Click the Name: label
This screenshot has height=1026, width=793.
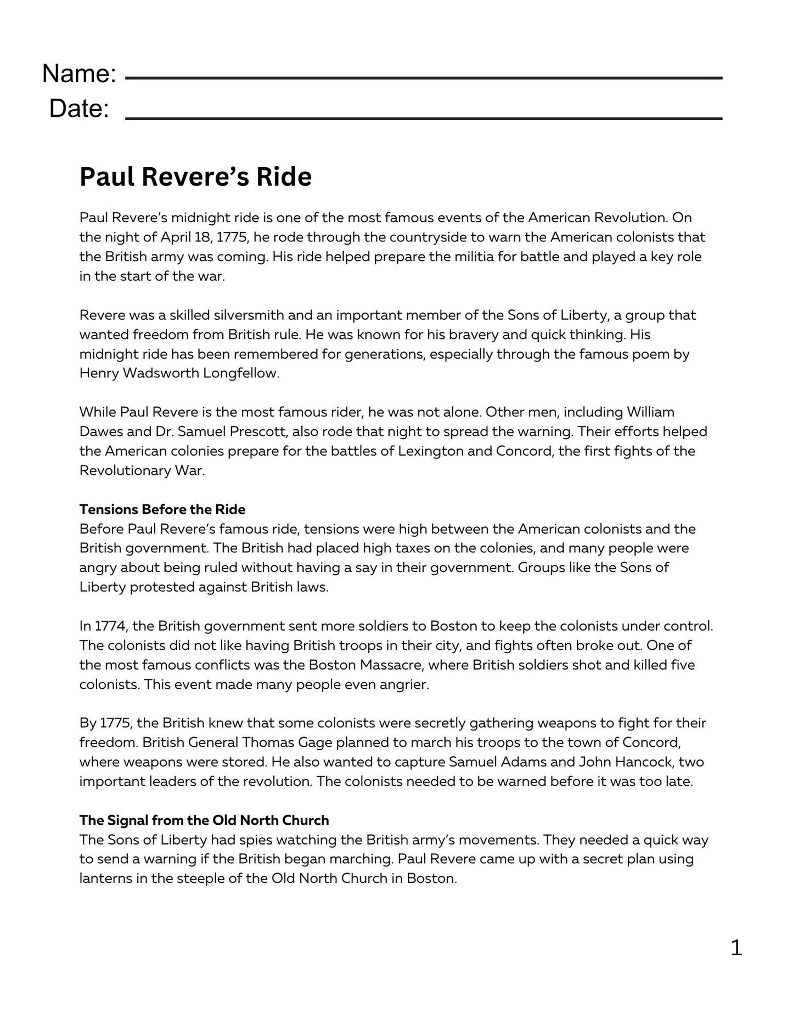pyautogui.click(x=79, y=73)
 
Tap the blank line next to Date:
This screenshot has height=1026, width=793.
pyautogui.click(x=424, y=117)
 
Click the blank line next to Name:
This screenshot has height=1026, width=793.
pyautogui.click(x=424, y=78)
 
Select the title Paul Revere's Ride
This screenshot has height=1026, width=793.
pyautogui.click(x=195, y=177)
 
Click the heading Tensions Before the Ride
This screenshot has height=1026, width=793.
pyautogui.click(x=162, y=509)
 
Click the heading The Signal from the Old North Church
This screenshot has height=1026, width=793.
pyautogui.click(x=204, y=820)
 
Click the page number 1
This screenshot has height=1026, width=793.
pyautogui.click(x=736, y=948)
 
